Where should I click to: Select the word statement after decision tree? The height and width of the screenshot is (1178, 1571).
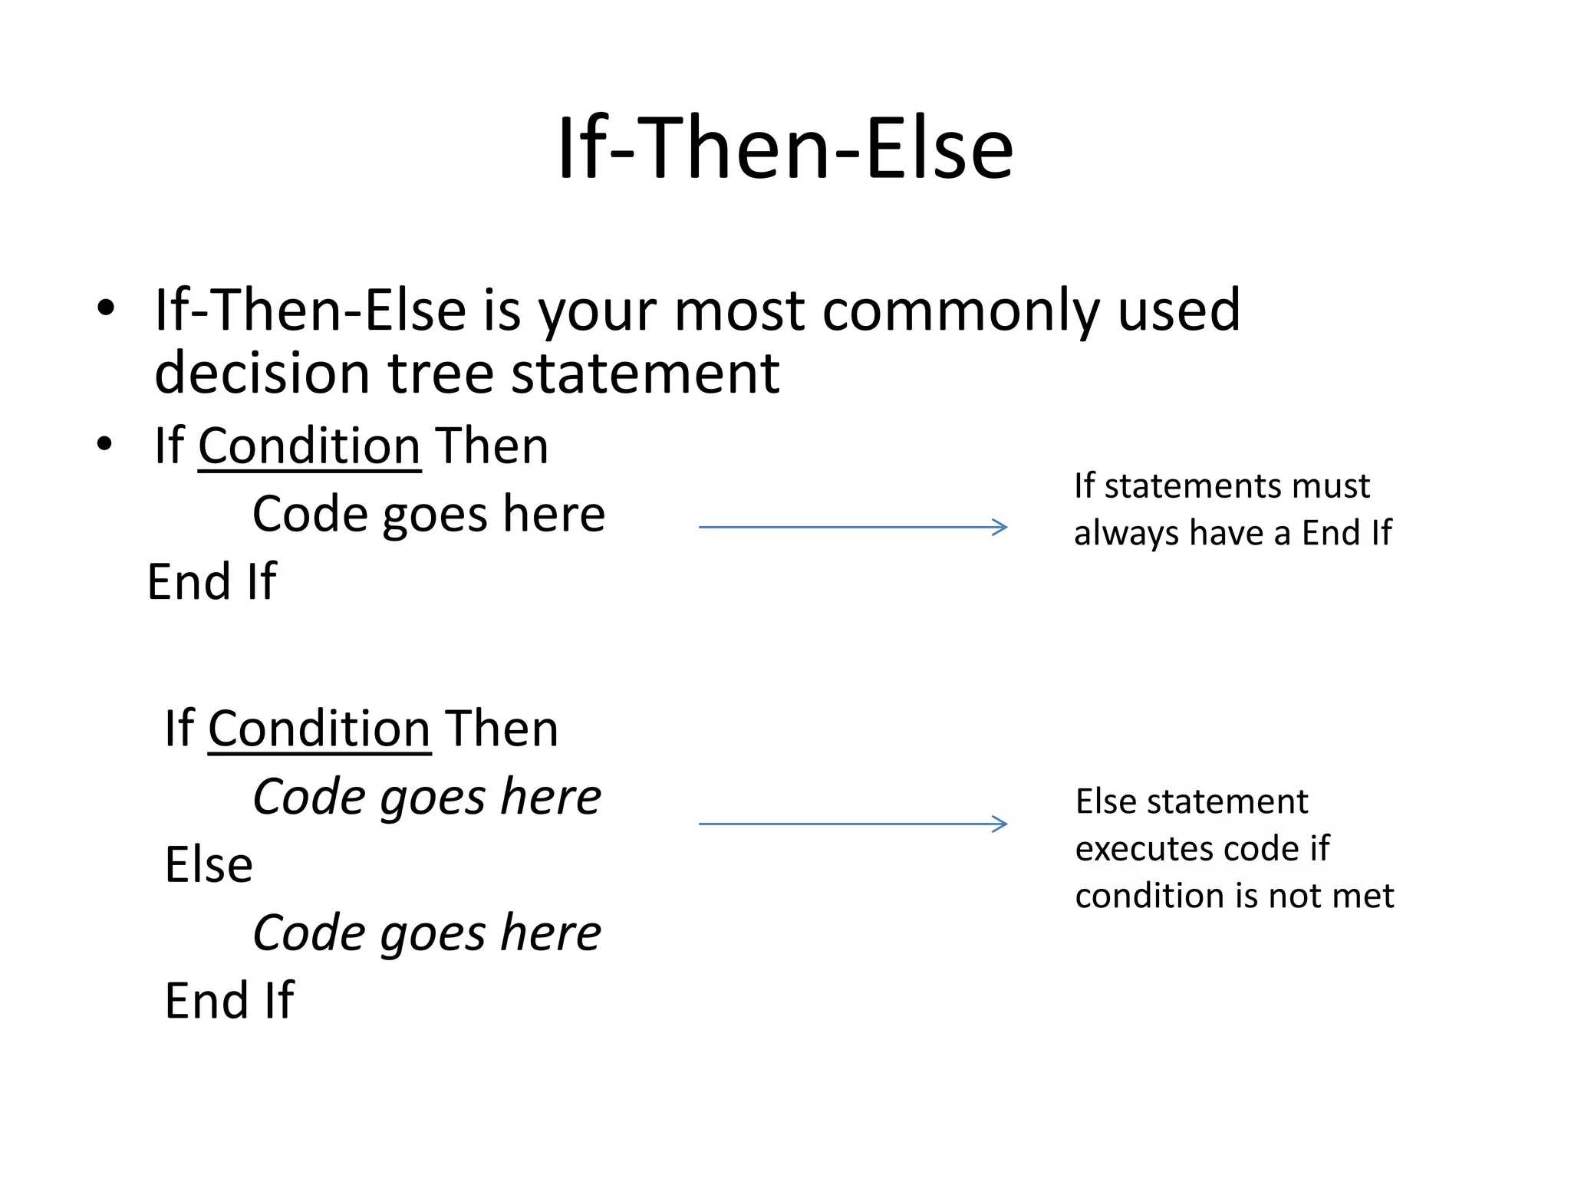645,373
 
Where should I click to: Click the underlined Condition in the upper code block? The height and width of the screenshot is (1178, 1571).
309,446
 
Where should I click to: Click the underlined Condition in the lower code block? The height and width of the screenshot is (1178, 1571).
319,729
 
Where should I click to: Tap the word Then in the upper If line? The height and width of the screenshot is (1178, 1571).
492,446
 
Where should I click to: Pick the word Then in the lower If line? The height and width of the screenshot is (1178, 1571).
502,729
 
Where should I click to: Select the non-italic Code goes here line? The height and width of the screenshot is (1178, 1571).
429,514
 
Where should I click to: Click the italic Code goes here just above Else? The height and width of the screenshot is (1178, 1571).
427,797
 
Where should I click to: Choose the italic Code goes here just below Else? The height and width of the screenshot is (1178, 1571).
427,933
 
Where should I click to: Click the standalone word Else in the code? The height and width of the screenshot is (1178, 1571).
209,865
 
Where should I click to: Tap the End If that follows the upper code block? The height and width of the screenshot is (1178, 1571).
212,581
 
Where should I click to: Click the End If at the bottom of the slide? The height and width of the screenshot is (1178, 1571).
229,1001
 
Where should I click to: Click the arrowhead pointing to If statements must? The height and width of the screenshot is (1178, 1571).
1000,527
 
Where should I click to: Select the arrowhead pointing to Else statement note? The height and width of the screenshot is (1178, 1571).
1000,824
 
